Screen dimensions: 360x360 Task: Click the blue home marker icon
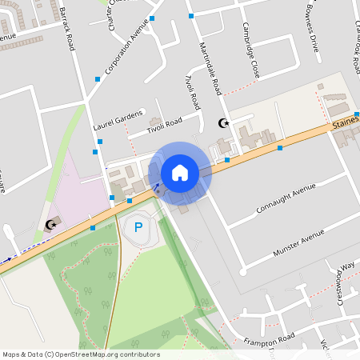[x=180, y=173]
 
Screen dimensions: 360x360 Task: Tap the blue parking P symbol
[x=138, y=227]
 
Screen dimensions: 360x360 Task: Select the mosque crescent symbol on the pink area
[x=52, y=225]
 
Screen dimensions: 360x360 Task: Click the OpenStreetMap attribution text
[x=81, y=354]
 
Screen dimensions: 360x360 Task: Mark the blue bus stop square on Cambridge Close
[x=190, y=15]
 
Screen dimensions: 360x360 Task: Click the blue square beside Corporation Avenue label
[x=98, y=78]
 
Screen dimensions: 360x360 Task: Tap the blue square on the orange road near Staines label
[x=280, y=147]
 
